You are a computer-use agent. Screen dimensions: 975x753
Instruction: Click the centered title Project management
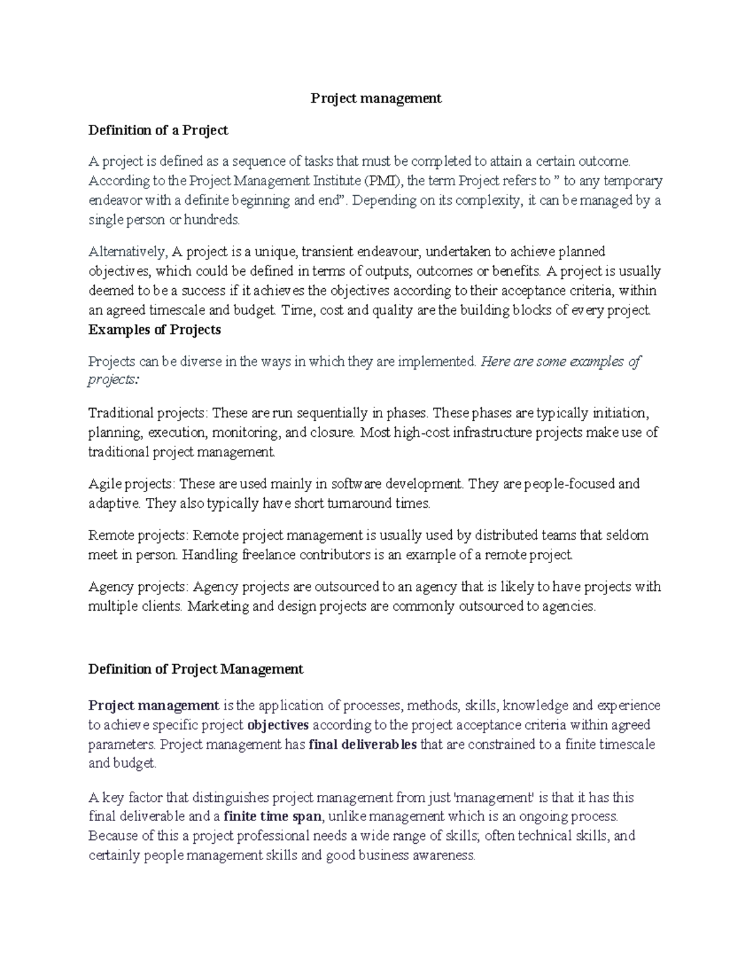tap(376, 99)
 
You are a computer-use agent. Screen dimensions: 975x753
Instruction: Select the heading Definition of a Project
tap(158, 131)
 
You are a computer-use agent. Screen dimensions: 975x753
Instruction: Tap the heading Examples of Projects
tap(154, 330)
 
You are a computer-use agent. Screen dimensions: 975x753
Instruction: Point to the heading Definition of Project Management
tap(196, 669)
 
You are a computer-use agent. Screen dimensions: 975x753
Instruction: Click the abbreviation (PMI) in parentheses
tap(382, 181)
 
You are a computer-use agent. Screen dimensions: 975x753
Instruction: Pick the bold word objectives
tap(278, 726)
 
